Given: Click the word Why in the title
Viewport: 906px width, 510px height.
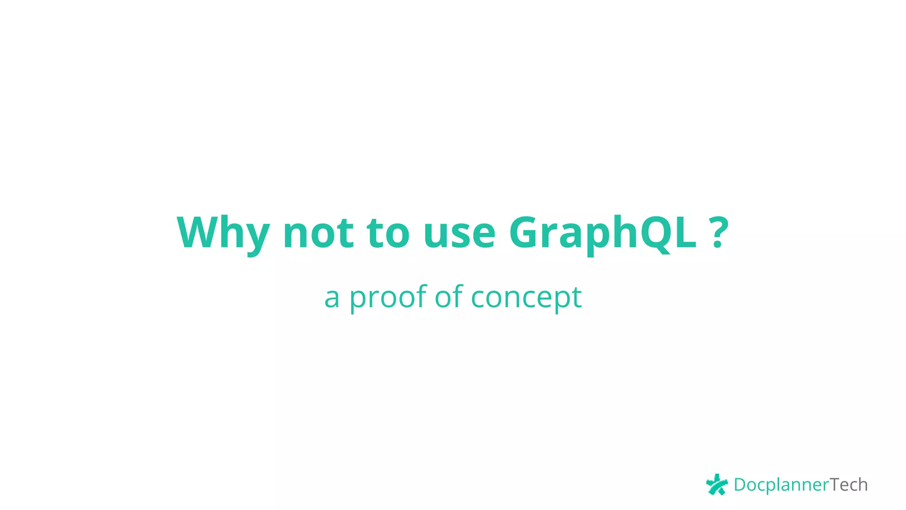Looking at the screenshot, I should point(223,233).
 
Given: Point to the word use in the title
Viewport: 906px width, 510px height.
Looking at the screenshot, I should point(459,233).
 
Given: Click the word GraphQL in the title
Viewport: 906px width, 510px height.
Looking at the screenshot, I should point(603,233).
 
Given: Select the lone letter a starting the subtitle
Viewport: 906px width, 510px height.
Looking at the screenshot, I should point(332,298).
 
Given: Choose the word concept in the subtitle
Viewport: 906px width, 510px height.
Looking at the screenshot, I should point(526,297).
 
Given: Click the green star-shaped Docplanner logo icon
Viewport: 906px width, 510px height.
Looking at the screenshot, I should point(717,484).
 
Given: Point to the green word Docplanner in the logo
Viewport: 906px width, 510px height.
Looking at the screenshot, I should point(781,485).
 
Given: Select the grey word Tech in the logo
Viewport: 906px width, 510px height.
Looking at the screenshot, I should point(848,485).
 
